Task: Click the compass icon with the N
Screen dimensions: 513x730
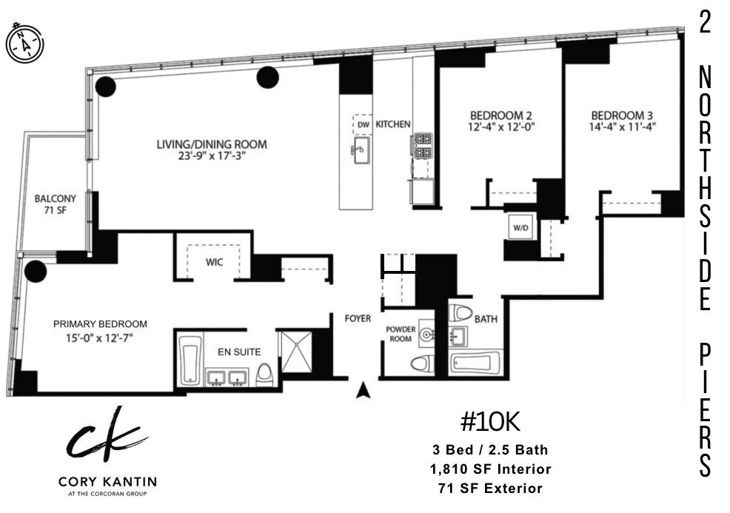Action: point(25,43)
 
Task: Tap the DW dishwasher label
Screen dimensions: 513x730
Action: point(362,124)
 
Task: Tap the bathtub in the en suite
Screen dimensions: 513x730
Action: point(190,361)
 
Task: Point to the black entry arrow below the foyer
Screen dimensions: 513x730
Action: point(362,390)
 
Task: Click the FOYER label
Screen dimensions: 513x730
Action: point(357,319)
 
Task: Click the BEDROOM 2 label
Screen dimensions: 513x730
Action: point(501,115)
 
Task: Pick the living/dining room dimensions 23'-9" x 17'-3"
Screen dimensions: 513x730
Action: point(211,156)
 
